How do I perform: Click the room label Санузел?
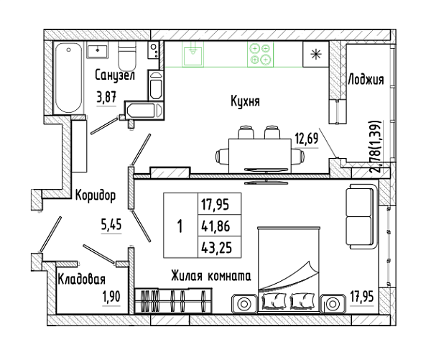pos(115,75)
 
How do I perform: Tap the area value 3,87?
pos(106,97)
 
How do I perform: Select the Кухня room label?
pos(245,101)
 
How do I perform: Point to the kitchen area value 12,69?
pos(307,139)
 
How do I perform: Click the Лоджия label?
pos(366,80)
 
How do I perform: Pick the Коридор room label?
pos(96,195)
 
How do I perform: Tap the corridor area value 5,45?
pos(111,225)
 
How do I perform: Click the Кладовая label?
pos(82,280)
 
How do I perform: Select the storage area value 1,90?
pos(111,297)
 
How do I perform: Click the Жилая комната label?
pos(211,276)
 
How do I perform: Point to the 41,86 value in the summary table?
pos(215,226)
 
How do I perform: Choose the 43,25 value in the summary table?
pos(217,248)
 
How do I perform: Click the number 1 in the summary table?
pos(180,226)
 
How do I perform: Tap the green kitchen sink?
pos(194,54)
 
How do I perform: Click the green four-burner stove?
pos(260,54)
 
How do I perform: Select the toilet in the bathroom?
pos(127,56)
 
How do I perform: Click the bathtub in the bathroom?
pos(68,78)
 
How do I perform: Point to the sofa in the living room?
pos(361,216)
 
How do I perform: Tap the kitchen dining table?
pos(260,156)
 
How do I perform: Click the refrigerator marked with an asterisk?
pos(316,54)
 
